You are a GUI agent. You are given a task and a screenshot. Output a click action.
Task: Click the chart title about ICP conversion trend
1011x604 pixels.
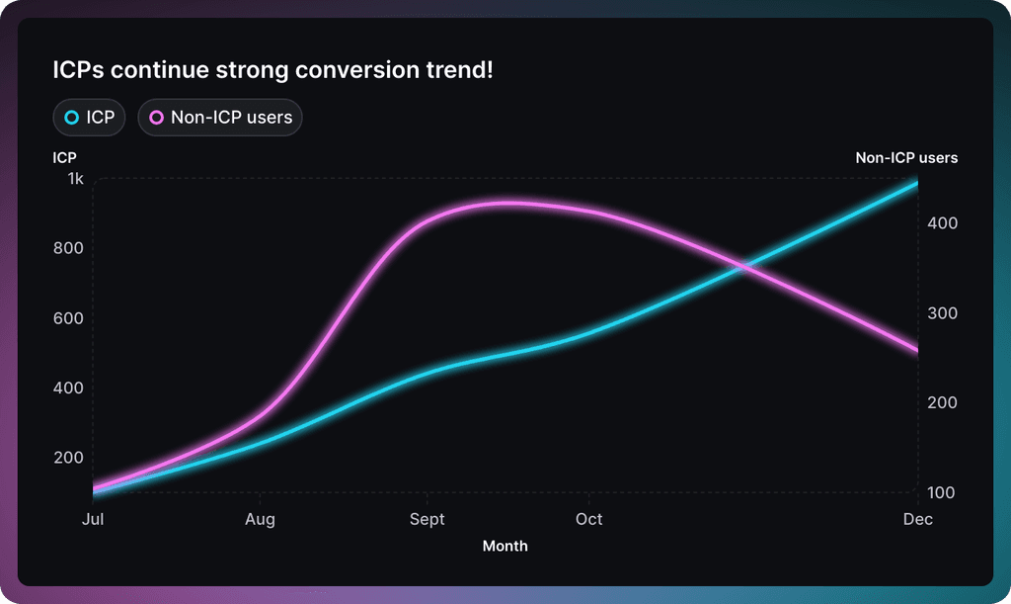272,70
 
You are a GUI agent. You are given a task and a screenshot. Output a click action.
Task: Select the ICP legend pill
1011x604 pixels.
89,118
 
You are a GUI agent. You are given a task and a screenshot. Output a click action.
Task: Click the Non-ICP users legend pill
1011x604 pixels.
220,118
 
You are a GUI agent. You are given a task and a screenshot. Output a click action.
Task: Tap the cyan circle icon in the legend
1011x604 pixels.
71,118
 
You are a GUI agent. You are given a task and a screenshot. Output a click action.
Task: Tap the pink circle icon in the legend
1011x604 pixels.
156,118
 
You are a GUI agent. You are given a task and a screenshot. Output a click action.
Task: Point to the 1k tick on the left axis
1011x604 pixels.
75,179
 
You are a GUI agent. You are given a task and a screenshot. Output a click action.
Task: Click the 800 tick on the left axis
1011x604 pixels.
69,248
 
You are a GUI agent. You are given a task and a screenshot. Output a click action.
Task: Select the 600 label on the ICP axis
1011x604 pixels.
69,318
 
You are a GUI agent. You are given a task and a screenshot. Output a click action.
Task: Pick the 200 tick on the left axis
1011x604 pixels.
69,458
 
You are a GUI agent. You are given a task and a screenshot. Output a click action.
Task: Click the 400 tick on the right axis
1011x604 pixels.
943,223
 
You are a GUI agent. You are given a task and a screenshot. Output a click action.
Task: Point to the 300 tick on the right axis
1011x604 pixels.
943,313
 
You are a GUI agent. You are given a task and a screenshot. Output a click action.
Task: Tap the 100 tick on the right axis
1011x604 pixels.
943,492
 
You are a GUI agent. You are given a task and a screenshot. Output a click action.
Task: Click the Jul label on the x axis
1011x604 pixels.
93,519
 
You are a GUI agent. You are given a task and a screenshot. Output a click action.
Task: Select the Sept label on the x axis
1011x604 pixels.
428,519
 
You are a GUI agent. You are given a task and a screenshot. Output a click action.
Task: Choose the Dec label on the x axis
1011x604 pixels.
918,519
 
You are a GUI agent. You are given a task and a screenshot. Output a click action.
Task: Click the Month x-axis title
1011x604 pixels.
505,546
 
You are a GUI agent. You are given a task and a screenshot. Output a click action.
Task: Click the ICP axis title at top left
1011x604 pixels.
64,157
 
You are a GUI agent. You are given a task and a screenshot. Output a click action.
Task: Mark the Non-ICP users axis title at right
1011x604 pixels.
906,157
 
